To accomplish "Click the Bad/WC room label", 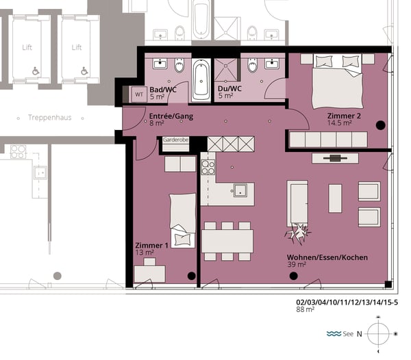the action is pyautogui.click(x=163, y=90).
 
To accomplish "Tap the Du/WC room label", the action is pyautogui.click(x=229, y=89).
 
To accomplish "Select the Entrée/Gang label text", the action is pyautogui.click(x=171, y=116).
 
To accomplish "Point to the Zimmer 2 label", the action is pyautogui.click(x=344, y=116).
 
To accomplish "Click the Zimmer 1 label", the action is pyautogui.click(x=151, y=245).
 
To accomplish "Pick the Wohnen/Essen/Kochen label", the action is pyautogui.click(x=327, y=257).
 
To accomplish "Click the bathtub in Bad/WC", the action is pyautogui.click(x=201, y=79).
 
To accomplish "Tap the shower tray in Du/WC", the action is pyautogui.click(x=225, y=69).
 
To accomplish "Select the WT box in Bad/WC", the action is pyautogui.click(x=139, y=94).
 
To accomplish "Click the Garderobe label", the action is pyautogui.click(x=175, y=140).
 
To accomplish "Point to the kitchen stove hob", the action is pyautogui.click(x=208, y=168).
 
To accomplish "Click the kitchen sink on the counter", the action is pyautogui.click(x=240, y=190).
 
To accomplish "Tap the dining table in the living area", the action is pyautogui.click(x=227, y=241).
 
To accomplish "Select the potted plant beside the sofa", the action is pyautogui.click(x=298, y=233).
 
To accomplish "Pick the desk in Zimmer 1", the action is pyautogui.click(x=149, y=274).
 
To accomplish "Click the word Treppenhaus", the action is pyautogui.click(x=50, y=118).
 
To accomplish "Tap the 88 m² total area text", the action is pyautogui.click(x=306, y=309).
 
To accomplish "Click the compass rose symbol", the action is pyautogui.click(x=379, y=334).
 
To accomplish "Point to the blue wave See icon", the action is pyautogui.click(x=334, y=333).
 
